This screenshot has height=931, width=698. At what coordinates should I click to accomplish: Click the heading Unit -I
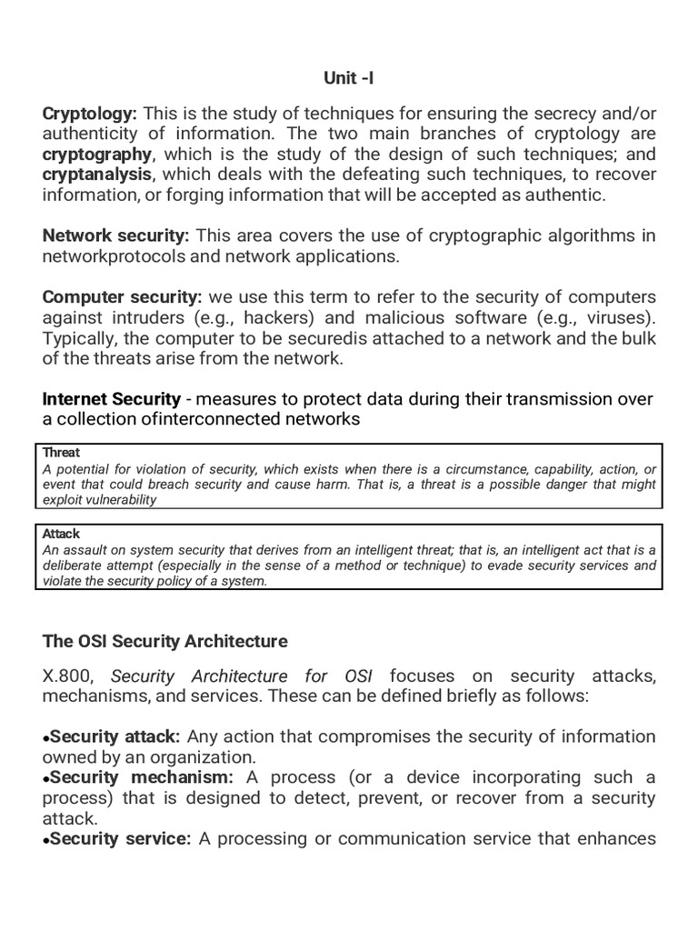pos(348,79)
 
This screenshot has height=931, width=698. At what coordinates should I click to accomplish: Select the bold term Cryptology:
pos(89,113)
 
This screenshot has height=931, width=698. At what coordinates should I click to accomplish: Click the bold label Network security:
pos(115,236)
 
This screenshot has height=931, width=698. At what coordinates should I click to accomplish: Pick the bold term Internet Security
pos(111,399)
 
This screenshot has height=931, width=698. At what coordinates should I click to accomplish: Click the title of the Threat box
pos(61,453)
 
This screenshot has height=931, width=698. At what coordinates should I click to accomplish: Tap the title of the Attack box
pos(61,535)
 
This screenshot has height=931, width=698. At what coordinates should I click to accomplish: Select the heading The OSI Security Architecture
pos(165,642)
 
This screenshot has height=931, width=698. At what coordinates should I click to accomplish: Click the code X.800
pos(70,676)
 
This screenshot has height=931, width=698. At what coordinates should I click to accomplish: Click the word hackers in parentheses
pos(272,318)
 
